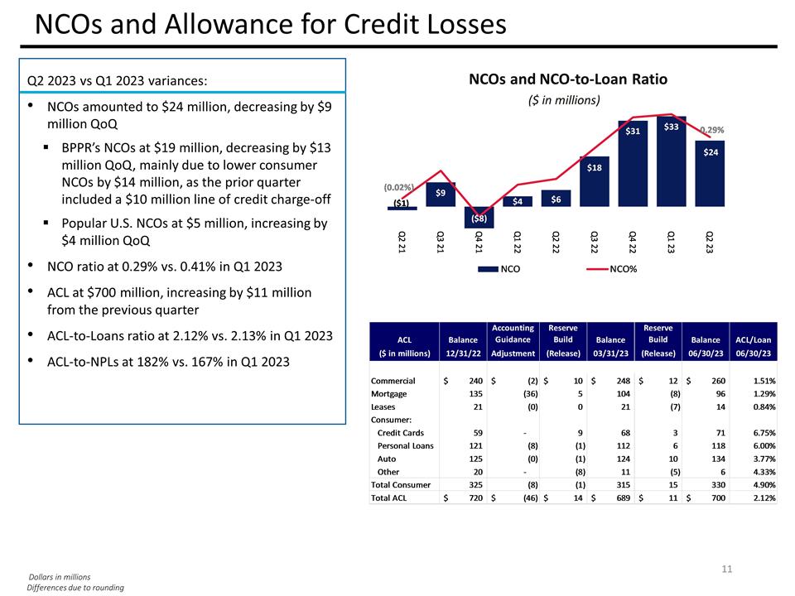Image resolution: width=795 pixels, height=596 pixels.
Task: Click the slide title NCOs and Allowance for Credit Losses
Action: pos(270,25)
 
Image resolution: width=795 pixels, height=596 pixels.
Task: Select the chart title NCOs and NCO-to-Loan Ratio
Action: pos(567,79)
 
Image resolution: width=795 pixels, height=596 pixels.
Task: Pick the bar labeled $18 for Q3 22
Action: pos(594,180)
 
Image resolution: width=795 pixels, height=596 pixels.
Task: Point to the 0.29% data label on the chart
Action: pos(711,130)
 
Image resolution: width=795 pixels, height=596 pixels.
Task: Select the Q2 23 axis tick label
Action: pos(710,244)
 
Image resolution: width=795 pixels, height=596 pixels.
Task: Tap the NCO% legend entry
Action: pos(623,270)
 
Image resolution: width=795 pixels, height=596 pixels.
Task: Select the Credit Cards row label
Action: pos(402,432)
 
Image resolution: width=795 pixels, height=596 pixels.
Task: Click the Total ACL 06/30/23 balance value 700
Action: pos(716,497)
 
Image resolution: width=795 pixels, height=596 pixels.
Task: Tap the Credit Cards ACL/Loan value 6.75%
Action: pos(760,432)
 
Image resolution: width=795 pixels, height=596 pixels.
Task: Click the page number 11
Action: pos(727,569)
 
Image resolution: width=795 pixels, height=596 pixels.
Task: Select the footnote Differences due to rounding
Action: pos(75,588)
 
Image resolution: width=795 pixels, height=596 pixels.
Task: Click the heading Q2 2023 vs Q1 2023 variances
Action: pos(117,80)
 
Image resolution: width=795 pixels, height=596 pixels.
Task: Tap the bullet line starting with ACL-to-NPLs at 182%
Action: pos(168,362)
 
